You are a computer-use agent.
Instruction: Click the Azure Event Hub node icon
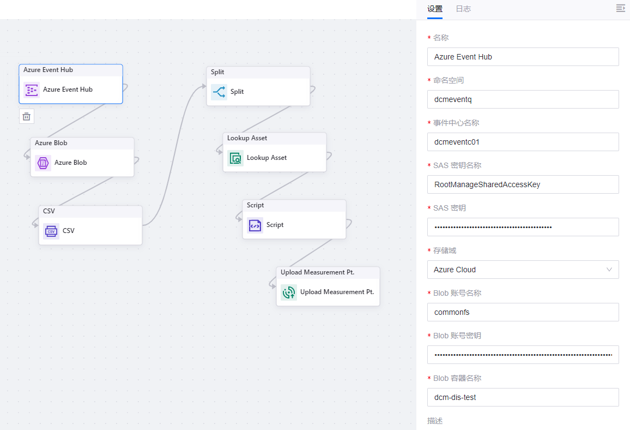32,90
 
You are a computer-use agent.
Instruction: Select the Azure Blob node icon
43,163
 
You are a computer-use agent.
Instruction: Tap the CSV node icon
51,231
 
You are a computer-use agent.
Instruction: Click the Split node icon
219,92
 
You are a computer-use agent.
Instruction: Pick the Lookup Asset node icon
235,158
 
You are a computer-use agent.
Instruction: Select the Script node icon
255,225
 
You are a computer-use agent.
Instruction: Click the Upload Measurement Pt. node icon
289,292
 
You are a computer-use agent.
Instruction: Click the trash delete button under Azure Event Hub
27,116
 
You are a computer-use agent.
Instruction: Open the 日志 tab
463,9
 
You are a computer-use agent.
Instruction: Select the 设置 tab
435,9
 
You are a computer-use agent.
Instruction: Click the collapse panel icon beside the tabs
620,8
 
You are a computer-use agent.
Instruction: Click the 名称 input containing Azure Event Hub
523,57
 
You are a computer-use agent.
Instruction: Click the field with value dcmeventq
523,99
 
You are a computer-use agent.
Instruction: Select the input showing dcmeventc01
523,142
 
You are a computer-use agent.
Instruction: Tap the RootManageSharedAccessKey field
523,184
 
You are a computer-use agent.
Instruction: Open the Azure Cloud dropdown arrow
609,270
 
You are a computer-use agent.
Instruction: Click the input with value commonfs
523,312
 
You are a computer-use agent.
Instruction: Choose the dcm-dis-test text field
523,397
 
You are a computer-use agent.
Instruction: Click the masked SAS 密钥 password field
523,227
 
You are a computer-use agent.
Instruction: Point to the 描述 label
435,421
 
